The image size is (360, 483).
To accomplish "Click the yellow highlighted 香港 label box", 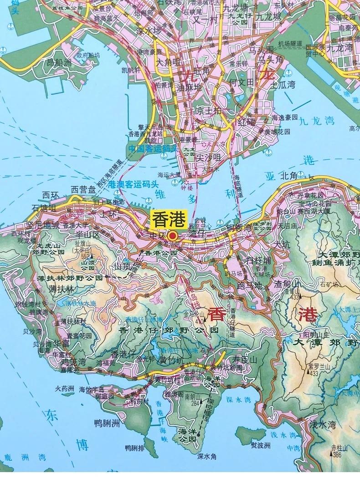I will pyautogui.click(x=168, y=220).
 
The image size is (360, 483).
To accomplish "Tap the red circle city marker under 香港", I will pyautogui.click(x=173, y=236).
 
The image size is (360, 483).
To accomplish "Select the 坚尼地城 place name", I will pyautogui.click(x=43, y=225).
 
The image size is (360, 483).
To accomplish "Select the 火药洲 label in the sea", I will pyautogui.click(x=64, y=389).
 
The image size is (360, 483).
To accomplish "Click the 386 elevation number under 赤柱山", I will pyautogui.click(x=337, y=454).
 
